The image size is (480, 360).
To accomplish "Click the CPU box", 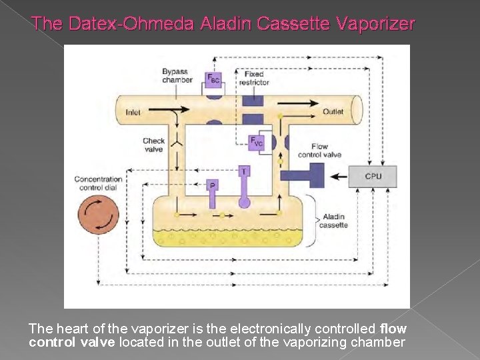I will pyautogui.click(x=373, y=177).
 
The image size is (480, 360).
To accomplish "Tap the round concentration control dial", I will pyautogui.click(x=98, y=215).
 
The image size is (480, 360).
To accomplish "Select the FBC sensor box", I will pyautogui.click(x=214, y=79).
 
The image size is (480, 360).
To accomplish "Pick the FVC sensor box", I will pyautogui.click(x=257, y=141).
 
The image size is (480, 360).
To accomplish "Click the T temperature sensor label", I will pyautogui.click(x=244, y=171).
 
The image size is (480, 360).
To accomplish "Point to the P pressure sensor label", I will pyautogui.click(x=212, y=185).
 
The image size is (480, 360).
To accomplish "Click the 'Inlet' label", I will pyautogui.click(x=133, y=112).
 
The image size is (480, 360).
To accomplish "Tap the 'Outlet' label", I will pyautogui.click(x=333, y=111).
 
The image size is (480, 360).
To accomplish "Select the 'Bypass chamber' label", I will pyautogui.click(x=177, y=75).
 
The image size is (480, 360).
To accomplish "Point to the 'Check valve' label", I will pyautogui.click(x=153, y=145).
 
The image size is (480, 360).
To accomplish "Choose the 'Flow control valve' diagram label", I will pyautogui.click(x=319, y=151).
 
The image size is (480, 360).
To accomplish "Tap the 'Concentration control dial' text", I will pyautogui.click(x=98, y=183).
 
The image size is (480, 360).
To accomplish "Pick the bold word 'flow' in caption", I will pyautogui.click(x=393, y=329).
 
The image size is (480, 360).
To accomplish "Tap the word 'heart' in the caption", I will pyautogui.click(x=69, y=329).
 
